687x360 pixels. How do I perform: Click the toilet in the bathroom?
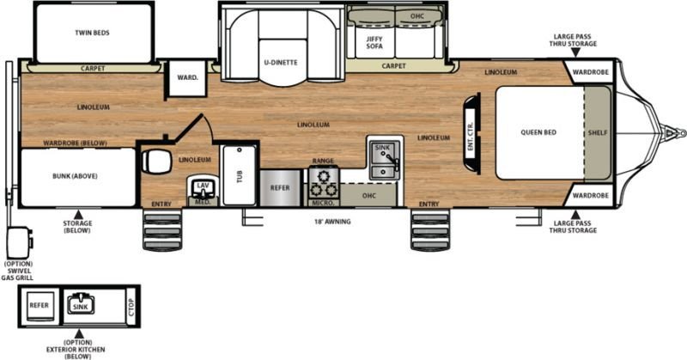(156, 162)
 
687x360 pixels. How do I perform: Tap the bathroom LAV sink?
(203, 187)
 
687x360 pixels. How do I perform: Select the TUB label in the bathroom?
(240, 177)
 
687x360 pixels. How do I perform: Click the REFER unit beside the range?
(281, 188)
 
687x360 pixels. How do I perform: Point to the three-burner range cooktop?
(324, 182)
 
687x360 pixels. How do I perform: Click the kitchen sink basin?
(384, 160)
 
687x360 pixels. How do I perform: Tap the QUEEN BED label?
(538, 132)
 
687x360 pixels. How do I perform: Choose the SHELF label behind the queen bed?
(598, 132)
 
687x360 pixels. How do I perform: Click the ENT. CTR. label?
(470, 137)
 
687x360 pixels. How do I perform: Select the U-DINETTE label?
(281, 62)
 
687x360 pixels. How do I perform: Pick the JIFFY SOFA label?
(374, 43)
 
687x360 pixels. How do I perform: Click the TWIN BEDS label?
(92, 33)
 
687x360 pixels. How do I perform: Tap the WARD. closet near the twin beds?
(187, 78)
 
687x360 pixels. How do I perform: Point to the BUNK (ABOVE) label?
(75, 176)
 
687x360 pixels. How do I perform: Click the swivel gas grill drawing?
(19, 242)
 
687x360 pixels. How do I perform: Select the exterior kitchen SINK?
(81, 303)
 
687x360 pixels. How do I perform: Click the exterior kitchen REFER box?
(39, 305)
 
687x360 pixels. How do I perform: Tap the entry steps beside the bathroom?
(162, 229)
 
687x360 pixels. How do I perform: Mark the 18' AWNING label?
(332, 222)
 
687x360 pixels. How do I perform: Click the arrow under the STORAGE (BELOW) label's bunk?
(78, 215)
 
